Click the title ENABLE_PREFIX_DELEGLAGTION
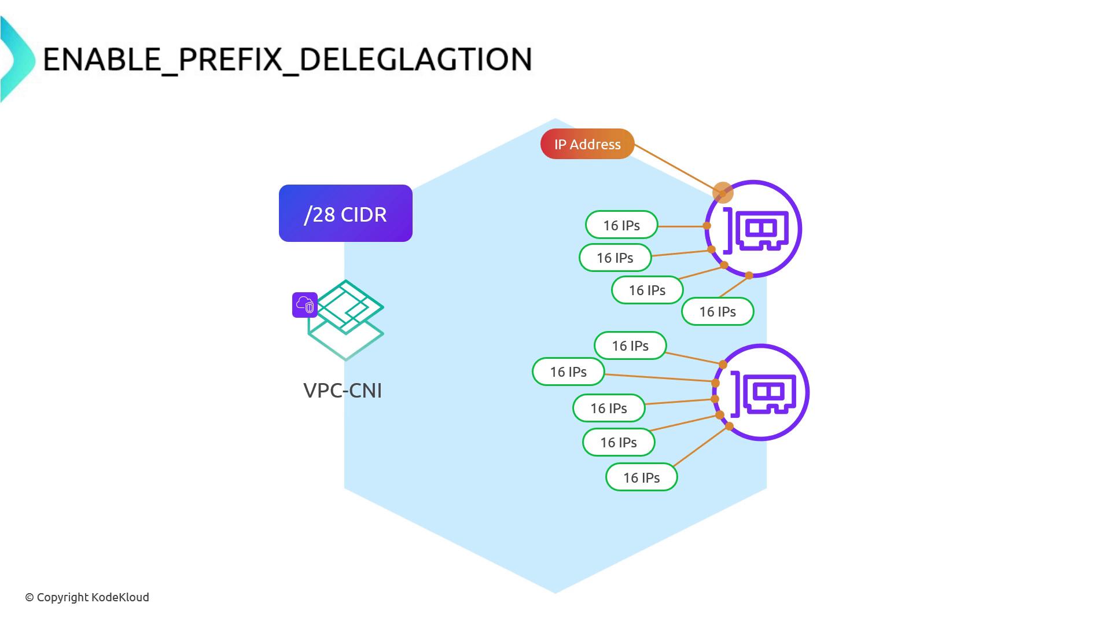288,59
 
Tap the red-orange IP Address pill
587,144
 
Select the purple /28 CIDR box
345,214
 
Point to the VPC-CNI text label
343,391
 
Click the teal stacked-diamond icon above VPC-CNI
346,320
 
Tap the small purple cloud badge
305,305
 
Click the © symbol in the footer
30,597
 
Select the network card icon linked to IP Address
753,229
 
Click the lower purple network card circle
761,392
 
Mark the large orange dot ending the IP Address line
723,193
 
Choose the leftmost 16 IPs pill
568,372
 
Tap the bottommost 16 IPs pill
641,477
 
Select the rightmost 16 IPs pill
718,311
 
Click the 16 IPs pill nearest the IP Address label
621,225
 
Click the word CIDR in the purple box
364,214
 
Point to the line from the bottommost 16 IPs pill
701,446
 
